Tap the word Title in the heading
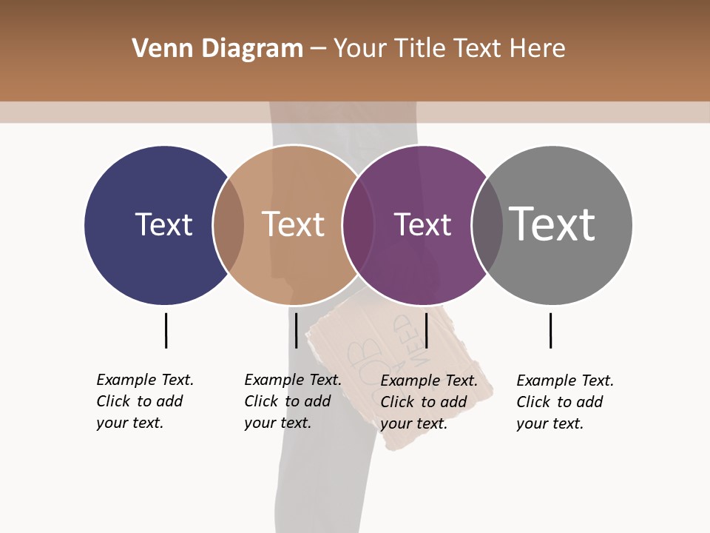(420, 49)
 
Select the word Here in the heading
(538, 49)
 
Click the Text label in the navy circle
(163, 224)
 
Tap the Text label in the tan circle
(293, 224)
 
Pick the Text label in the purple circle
(422, 224)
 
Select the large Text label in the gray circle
(552, 224)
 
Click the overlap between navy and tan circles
(229, 225)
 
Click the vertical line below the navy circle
(166, 330)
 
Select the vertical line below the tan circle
(296, 330)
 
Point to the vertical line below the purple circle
(427, 330)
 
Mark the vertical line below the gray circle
(550, 330)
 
